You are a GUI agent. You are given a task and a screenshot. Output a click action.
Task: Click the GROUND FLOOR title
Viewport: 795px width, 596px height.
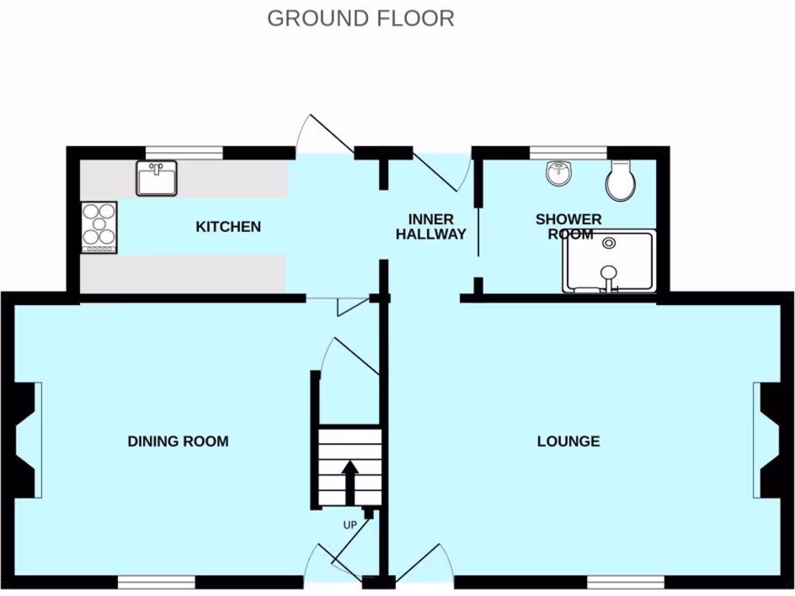[x=360, y=18]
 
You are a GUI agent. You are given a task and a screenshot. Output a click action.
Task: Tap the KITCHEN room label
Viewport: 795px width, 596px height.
[x=228, y=227]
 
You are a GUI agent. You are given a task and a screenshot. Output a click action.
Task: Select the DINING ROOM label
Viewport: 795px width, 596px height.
[x=178, y=442]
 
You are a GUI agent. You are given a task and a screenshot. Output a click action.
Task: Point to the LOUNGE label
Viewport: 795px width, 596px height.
[x=568, y=442]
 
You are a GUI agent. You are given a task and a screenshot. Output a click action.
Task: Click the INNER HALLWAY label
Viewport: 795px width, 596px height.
[x=431, y=227]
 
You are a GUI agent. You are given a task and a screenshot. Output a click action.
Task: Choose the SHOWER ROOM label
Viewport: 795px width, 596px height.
[x=568, y=227]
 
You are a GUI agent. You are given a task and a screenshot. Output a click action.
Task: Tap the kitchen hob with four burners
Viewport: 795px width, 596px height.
[x=99, y=227]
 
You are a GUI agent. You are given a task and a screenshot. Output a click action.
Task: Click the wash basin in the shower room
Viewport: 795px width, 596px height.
[x=558, y=175]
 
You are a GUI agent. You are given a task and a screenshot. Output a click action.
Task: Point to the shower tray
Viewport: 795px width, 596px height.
[x=610, y=262]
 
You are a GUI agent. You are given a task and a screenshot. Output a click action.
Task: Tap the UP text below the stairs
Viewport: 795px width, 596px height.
[x=349, y=525]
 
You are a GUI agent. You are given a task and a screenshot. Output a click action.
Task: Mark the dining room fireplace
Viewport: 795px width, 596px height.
[x=25, y=441]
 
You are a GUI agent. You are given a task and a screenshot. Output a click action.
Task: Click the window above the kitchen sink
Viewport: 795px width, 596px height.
[x=184, y=152]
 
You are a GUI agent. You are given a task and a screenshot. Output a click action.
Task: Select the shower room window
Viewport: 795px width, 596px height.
[x=568, y=152]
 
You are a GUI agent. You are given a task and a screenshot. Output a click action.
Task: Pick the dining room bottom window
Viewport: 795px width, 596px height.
[x=156, y=582]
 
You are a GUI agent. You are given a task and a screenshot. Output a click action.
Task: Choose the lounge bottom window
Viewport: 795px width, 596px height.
[x=626, y=582]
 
